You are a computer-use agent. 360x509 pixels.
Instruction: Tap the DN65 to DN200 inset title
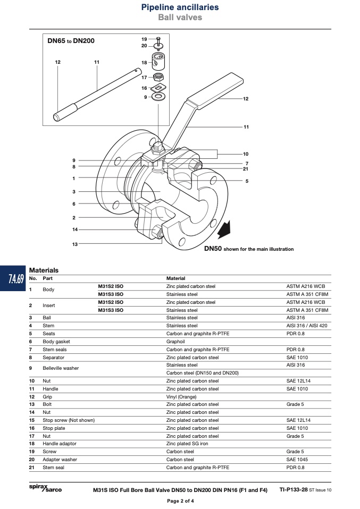(71, 41)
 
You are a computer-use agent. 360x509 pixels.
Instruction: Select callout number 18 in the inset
(144, 62)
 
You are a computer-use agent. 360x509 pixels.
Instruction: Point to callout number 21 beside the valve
(245, 169)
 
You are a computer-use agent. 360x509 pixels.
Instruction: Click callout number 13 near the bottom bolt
(75, 244)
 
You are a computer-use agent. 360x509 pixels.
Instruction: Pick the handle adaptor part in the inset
(159, 62)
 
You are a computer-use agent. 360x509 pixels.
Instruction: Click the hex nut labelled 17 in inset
(158, 77)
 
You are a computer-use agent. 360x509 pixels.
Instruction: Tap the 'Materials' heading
(44, 270)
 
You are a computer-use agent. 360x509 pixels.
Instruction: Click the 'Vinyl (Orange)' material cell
(181, 397)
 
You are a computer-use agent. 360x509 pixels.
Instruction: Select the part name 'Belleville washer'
(61, 368)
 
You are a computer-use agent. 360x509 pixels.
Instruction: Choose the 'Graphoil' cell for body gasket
(175, 342)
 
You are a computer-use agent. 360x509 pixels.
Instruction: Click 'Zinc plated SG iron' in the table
(187, 444)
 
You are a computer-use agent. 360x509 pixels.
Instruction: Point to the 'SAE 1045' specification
(297, 460)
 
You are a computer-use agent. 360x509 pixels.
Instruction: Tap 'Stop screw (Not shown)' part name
(69, 420)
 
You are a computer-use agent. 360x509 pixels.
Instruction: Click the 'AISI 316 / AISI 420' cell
(307, 326)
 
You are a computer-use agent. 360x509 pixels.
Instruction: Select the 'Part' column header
(47, 278)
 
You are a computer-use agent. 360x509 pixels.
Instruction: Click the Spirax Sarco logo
(45, 488)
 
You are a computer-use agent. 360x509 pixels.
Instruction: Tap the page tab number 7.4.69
(16, 278)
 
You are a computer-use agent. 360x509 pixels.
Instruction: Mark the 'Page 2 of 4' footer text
(180, 501)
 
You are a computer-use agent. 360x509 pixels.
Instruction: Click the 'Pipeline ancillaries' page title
(180, 7)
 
